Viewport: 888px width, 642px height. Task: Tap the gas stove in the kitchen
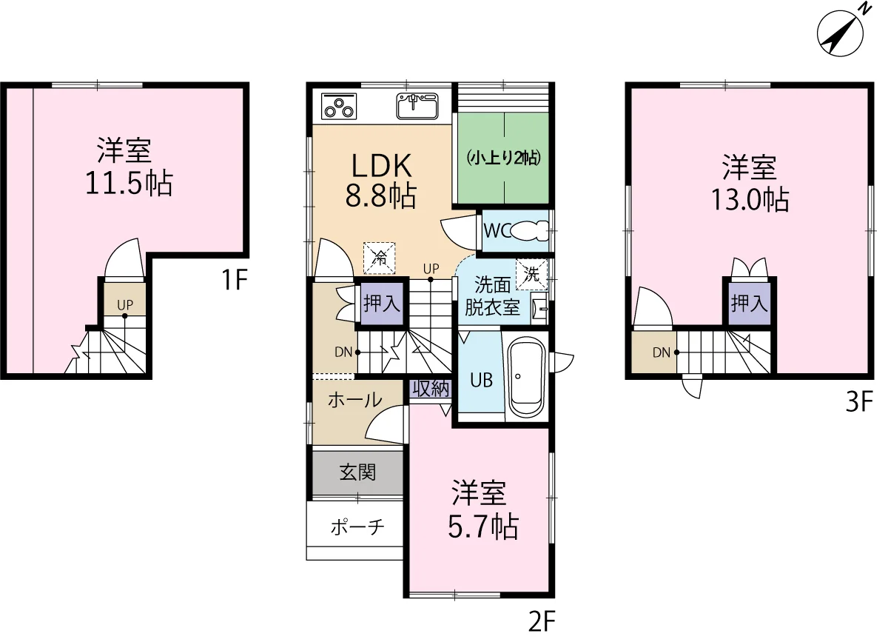click(x=339, y=106)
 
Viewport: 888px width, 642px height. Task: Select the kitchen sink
click(x=417, y=106)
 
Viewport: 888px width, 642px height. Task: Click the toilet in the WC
click(x=530, y=231)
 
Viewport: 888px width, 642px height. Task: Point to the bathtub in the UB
click(x=527, y=378)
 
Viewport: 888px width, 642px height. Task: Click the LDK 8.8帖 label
click(x=381, y=181)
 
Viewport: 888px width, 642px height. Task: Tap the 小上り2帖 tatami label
click(x=504, y=158)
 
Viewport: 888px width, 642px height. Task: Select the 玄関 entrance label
click(x=357, y=472)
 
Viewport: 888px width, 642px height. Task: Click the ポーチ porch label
click(x=357, y=527)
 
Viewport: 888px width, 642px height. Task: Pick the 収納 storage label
click(x=431, y=389)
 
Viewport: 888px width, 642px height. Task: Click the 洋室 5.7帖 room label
click(x=483, y=510)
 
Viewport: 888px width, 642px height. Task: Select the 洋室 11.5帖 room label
click(x=129, y=167)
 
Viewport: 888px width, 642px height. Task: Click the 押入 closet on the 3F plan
click(x=749, y=304)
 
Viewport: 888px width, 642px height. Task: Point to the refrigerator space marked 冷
click(x=380, y=258)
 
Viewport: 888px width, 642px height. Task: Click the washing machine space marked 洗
click(x=531, y=274)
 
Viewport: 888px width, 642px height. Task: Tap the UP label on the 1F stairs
click(x=125, y=305)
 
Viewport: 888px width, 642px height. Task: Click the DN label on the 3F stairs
click(x=662, y=352)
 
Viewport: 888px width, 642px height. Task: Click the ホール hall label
click(x=355, y=400)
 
